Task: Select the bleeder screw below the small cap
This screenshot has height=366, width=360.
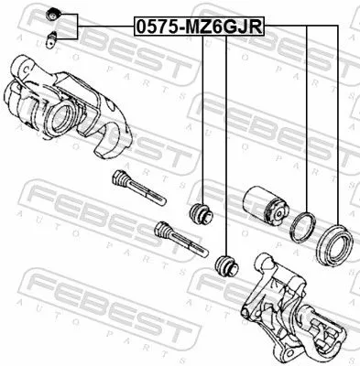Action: pos(52,38)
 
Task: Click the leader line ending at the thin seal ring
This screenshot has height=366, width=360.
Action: pos(307,119)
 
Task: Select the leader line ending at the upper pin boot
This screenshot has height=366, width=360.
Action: pos(200,119)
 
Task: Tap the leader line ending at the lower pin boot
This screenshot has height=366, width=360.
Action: pos(224,146)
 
